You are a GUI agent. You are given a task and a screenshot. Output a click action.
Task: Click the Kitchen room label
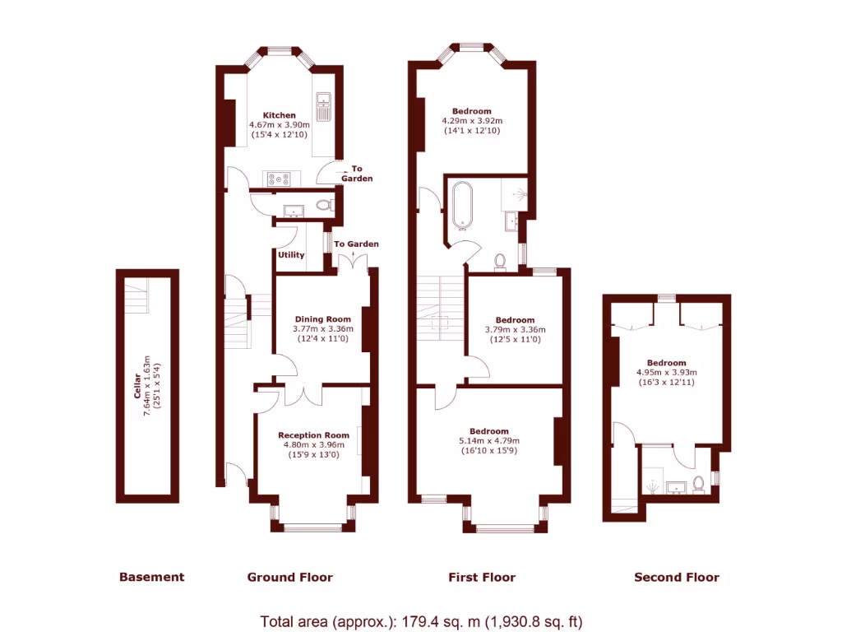tap(279, 115)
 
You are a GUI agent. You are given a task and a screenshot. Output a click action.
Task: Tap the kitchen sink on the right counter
tap(323, 104)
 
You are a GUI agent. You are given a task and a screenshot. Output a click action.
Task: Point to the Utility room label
tap(291, 255)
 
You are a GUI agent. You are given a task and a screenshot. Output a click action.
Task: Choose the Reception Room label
tap(313, 435)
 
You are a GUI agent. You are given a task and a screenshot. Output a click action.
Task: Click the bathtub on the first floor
tap(460, 206)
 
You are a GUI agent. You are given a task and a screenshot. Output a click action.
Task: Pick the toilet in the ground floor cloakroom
tap(324, 205)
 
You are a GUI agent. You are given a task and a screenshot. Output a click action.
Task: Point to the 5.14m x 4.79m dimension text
tap(488, 441)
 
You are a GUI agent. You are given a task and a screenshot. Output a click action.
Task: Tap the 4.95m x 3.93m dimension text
tap(666, 373)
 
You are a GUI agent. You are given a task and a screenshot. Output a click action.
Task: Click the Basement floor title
tap(152, 578)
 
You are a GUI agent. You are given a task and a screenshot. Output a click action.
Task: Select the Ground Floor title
tap(290, 578)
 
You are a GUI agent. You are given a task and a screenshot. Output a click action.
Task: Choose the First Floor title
tap(482, 578)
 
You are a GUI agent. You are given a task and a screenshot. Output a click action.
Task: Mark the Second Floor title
tap(677, 578)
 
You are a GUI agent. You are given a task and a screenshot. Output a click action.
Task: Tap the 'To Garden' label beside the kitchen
tap(357, 174)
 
